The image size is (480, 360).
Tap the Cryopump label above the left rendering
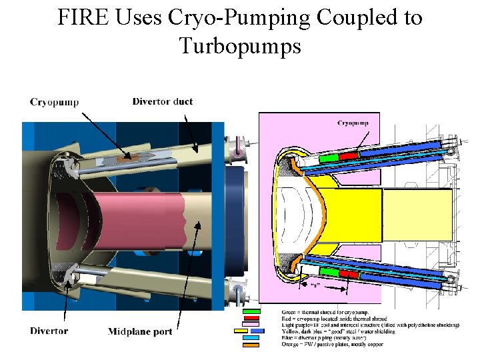tap(54, 102)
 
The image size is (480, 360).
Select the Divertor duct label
tap(163, 101)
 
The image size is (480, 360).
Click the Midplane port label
tap(140, 331)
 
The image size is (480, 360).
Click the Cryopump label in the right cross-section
tap(353, 123)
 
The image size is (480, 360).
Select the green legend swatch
tap(251, 312)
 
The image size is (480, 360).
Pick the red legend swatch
tap(251, 318)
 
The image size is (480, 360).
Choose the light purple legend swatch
tap(251, 325)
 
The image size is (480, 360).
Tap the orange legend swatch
tap(251, 344)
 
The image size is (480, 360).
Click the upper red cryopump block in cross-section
tap(349, 156)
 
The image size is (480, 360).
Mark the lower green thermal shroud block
tap(329, 272)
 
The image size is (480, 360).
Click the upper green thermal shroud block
tap(328, 158)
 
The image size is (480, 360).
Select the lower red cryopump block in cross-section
tap(349, 274)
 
